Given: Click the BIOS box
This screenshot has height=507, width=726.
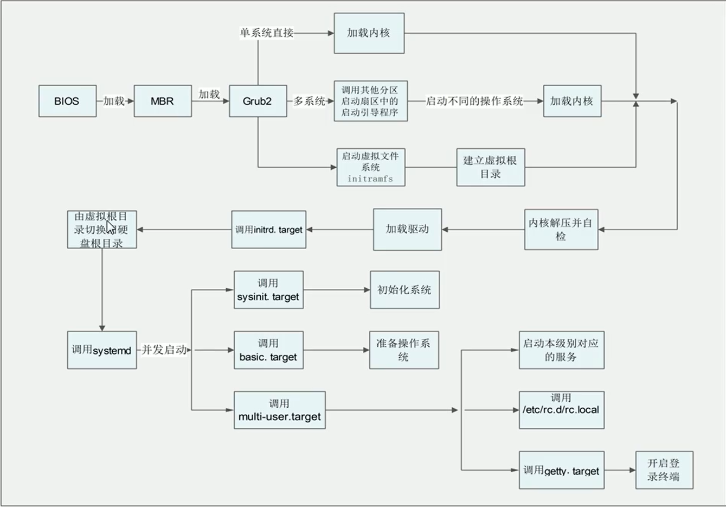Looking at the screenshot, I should click(x=67, y=101).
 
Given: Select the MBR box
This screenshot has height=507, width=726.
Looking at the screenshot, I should click(x=162, y=101).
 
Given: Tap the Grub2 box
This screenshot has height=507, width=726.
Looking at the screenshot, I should click(x=258, y=101).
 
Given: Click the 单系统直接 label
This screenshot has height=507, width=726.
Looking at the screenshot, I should click(x=267, y=33).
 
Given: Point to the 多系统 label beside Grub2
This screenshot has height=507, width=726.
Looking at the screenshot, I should click(x=310, y=101).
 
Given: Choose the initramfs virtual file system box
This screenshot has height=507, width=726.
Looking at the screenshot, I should click(x=370, y=167).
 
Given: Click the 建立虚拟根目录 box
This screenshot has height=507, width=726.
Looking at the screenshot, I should click(x=490, y=167).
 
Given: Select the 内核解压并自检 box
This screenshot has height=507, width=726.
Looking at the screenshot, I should click(x=561, y=230).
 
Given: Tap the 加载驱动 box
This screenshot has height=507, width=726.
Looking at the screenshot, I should click(x=407, y=230).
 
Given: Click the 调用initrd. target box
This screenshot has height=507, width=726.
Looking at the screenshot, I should click(x=268, y=230).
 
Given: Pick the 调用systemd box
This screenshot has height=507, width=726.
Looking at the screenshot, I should click(x=102, y=350).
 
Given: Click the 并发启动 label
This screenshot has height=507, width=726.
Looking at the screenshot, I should click(x=164, y=350).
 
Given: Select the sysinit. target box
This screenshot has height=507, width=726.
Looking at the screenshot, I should click(x=268, y=290).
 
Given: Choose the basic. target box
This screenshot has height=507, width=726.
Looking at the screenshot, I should click(x=268, y=350).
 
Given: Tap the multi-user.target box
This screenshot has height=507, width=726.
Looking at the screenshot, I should click(x=279, y=410).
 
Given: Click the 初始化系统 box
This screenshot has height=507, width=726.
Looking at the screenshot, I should click(x=404, y=290).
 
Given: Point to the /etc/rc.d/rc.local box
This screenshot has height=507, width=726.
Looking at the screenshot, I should click(x=561, y=410).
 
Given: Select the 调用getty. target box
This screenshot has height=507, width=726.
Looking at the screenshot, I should click(x=561, y=470).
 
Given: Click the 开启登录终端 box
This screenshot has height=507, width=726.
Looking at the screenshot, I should click(x=664, y=470).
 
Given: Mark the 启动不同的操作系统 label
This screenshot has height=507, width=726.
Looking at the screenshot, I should click(x=474, y=101).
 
